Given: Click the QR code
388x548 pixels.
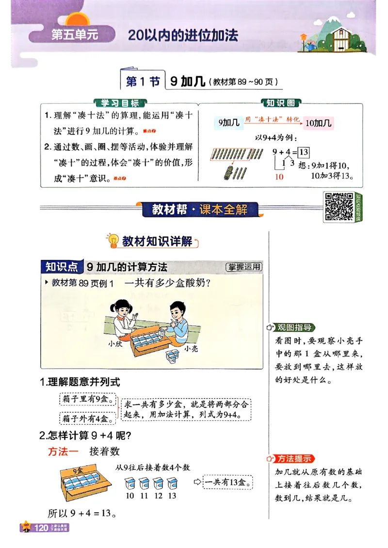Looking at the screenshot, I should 338,207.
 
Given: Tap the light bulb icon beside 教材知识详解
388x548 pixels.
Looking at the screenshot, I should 113,241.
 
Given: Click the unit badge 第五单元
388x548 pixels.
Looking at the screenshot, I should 68,35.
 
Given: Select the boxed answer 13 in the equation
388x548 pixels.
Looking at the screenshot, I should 304,152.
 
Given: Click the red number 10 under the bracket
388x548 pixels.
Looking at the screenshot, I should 279,177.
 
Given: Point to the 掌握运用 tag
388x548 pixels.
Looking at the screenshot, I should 243,267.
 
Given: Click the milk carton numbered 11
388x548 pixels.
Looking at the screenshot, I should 144,484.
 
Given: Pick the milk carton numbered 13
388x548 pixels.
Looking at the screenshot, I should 172,484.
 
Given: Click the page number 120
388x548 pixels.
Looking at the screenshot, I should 40,528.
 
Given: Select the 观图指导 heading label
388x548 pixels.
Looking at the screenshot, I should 294,327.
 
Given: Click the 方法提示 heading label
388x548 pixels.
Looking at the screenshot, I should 294,458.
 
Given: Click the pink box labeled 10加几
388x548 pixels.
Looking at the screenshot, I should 318,123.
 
